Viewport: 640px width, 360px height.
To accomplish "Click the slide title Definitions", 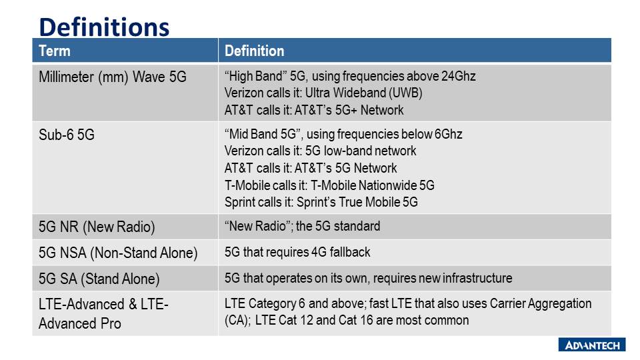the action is pos(104,27).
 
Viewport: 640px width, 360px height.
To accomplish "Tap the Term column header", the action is pos(54,51).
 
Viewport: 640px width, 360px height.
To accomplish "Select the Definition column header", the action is pos(254,51).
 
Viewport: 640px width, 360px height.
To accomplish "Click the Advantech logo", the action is pos(592,345).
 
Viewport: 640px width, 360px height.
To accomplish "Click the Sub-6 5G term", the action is pos(67,135).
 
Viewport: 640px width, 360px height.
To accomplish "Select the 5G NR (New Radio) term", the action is pos(97,227).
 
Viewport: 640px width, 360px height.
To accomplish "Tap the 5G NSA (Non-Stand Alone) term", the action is pos(118,253).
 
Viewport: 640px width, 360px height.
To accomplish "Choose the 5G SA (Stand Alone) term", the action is pos(99,279).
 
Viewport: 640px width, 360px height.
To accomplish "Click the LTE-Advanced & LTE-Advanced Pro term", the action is pos(103,314).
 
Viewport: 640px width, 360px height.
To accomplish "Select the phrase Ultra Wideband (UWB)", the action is pos(364,93).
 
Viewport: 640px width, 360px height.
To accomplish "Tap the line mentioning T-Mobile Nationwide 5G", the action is pos(329,186).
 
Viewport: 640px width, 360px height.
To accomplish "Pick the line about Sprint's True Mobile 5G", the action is pos(321,203).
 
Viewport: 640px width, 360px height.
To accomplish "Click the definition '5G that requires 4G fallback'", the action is pos(297,252).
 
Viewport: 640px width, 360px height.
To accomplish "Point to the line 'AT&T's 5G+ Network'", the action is pos(314,110).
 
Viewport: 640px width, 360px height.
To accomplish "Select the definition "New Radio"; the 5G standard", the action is pos(302,226).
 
